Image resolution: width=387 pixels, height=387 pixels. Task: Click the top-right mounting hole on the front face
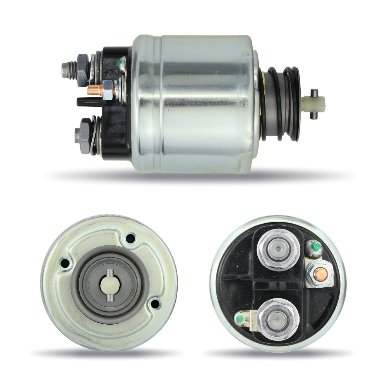tap(130, 238)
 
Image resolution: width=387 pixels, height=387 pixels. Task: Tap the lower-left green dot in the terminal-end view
tap(240, 319)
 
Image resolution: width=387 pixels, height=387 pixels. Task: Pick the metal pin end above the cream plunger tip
tap(314, 92)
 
